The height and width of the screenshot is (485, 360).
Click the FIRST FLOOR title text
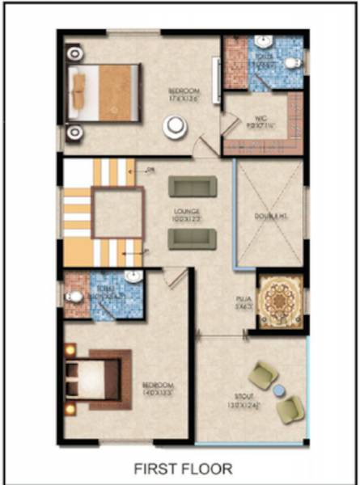184,468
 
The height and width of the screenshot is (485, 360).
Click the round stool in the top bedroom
174,126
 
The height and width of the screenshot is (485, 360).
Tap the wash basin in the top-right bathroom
263,43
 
